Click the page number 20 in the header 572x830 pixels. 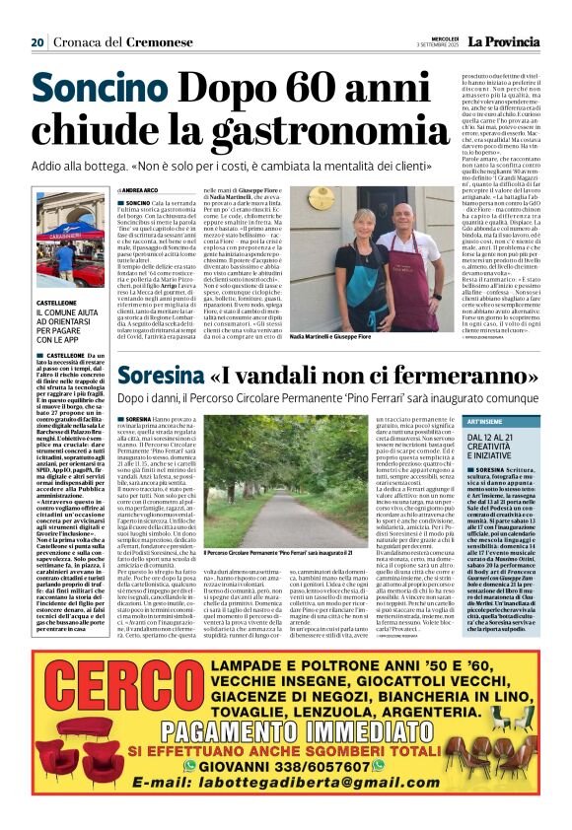point(37,42)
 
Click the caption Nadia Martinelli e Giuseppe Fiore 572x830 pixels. point(330,336)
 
